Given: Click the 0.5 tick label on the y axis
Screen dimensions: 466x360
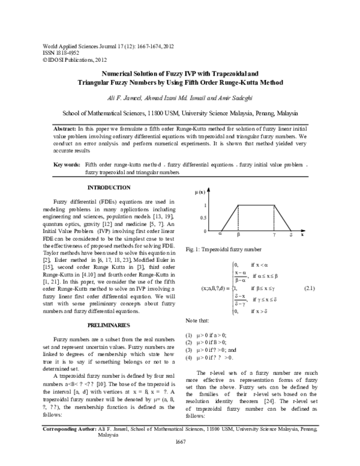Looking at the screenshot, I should point(203,218).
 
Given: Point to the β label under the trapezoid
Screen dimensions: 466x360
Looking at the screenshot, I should point(238,235).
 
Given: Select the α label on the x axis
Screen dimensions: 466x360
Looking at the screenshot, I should point(220,235).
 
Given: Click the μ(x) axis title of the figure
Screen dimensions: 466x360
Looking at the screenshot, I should point(201,192).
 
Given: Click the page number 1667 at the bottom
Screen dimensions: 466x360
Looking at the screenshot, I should point(181,459).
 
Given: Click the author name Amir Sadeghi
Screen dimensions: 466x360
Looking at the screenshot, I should point(240,97).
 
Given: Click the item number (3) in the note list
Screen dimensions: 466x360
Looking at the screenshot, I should point(189,349).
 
